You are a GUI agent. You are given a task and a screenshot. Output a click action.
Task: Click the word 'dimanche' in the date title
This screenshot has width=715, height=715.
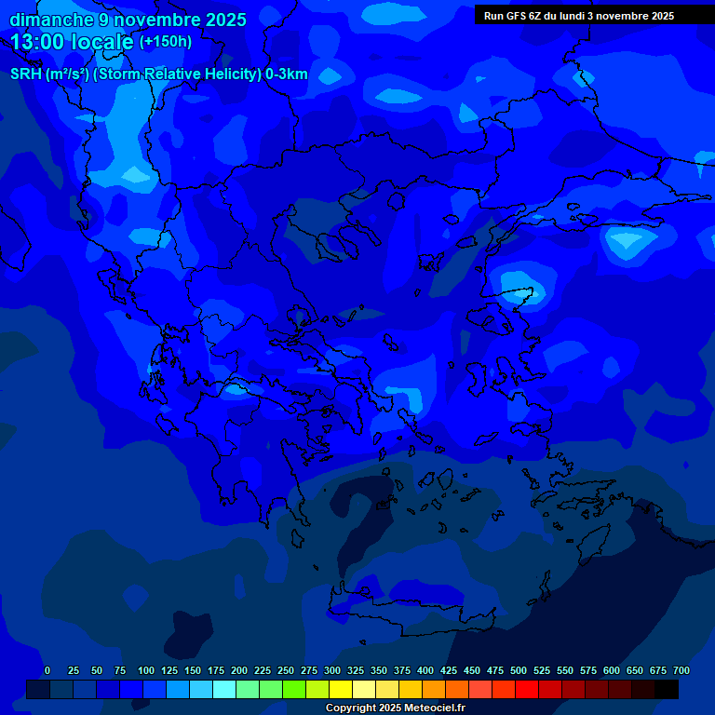[52, 20]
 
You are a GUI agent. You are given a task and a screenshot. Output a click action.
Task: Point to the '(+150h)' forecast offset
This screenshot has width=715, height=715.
[166, 42]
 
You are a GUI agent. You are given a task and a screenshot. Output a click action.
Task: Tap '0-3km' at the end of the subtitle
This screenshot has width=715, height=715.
[287, 74]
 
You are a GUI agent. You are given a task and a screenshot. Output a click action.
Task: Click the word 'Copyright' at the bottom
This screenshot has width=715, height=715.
[350, 708]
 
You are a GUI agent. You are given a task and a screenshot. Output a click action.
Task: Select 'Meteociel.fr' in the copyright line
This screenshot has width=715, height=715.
[435, 708]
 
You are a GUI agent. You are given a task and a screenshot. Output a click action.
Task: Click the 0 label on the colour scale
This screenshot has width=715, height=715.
[47, 671]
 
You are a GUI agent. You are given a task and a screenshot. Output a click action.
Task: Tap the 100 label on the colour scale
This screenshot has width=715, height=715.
[146, 671]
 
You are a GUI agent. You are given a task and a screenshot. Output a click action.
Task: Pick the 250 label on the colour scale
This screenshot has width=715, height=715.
[286, 671]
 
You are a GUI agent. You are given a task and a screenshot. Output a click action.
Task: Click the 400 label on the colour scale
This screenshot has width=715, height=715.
[425, 671]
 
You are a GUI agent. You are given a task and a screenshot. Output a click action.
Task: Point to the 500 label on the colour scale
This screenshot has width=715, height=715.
[519, 671]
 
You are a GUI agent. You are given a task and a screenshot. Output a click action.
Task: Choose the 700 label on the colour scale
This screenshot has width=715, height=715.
[681, 671]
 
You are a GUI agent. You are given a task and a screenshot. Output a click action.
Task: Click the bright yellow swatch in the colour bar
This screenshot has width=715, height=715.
[341, 690]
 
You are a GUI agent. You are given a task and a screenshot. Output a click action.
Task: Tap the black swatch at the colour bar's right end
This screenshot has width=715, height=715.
[667, 690]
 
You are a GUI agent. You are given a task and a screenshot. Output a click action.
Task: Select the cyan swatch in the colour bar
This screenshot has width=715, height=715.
[224, 690]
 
